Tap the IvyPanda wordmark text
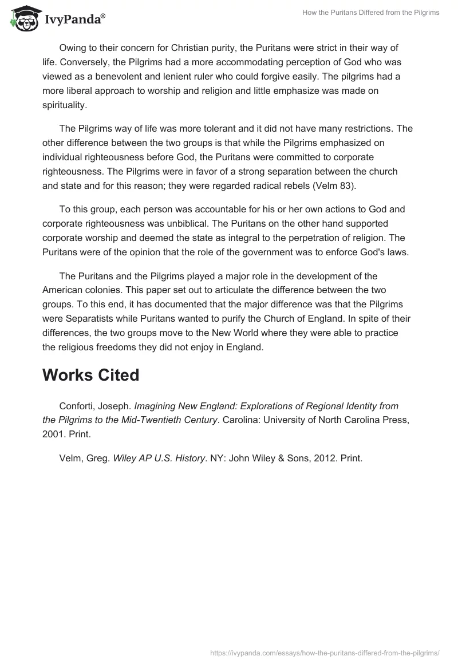tap(74, 20)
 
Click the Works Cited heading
tap(90, 375)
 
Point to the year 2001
tap(54, 434)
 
